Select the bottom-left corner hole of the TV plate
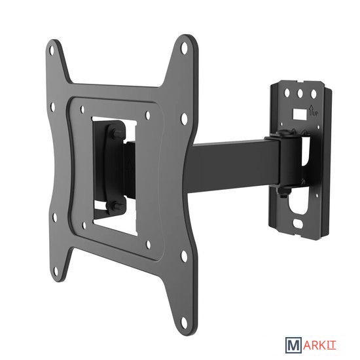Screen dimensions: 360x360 tap(56, 270)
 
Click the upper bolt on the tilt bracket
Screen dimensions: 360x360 tap(113, 134)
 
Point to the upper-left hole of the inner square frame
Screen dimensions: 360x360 tap(82, 110)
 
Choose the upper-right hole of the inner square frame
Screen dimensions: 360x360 tap(148, 115)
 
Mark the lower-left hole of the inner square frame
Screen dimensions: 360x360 tap(84, 225)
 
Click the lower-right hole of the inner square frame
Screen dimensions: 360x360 tap(149, 245)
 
